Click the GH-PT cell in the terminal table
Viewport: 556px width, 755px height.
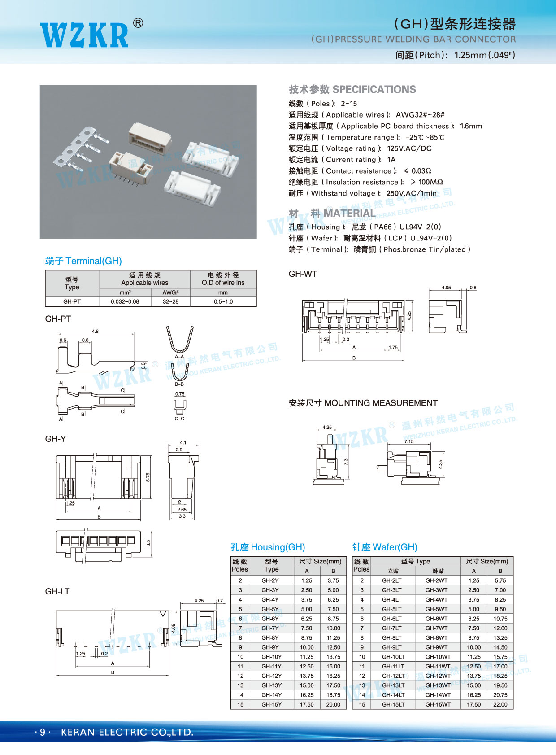72,301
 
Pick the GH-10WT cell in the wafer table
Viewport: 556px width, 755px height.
438,657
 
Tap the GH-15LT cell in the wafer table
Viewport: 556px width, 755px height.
393,704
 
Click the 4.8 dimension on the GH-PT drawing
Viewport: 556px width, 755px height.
95,331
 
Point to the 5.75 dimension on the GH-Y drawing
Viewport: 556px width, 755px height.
148,477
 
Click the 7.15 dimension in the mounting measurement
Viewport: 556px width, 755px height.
409,441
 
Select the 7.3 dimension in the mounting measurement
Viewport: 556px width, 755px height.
345,461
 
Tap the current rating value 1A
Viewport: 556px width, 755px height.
391,160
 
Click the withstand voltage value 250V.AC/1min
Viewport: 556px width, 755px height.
411,193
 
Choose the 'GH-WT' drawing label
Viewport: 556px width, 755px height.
303,274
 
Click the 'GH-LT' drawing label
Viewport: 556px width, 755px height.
57,591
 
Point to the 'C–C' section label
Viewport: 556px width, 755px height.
179,419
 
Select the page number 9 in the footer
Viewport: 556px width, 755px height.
43,732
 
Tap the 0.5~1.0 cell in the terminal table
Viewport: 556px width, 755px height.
223,301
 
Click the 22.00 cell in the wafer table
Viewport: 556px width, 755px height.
500,704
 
